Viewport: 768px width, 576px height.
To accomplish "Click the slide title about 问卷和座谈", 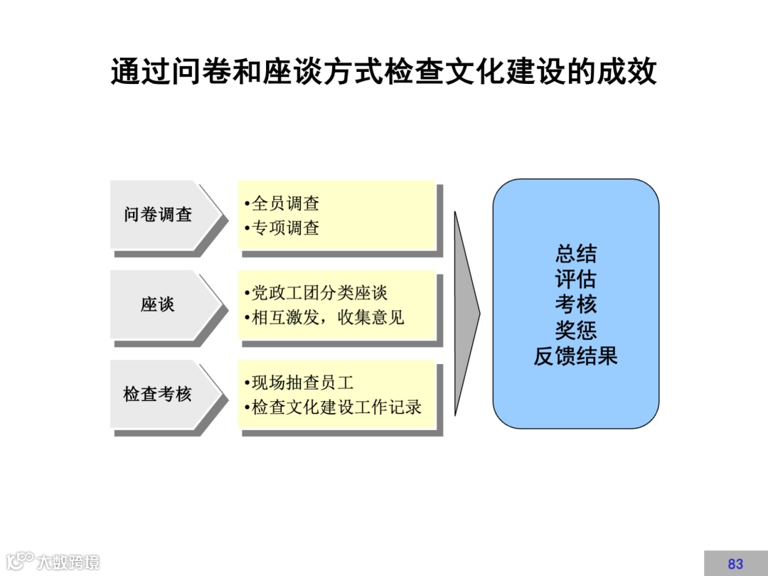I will tap(383, 73).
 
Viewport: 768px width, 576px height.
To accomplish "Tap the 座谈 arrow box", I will tap(160, 305).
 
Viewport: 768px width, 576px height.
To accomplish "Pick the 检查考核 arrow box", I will tap(161, 395).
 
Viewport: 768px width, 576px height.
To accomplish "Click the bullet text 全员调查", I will tap(285, 204).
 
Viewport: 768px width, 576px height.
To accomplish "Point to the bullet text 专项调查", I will tap(285, 228).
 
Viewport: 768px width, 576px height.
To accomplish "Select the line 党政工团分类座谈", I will tap(319, 293).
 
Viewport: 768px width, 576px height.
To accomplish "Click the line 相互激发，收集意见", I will tap(328, 317).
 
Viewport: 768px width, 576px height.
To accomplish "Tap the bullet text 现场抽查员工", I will tap(302, 383).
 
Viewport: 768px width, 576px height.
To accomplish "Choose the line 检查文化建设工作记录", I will tap(336, 407).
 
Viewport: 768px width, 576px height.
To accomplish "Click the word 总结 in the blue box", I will tap(576, 254).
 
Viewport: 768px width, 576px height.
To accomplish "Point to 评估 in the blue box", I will tap(576, 279).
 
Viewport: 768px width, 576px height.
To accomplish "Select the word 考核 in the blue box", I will tap(576, 304).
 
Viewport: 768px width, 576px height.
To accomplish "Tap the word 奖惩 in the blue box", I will tap(576, 330).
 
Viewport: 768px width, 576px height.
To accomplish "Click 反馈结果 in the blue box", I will tap(576, 356).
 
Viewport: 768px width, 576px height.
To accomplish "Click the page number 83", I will tap(735, 564).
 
